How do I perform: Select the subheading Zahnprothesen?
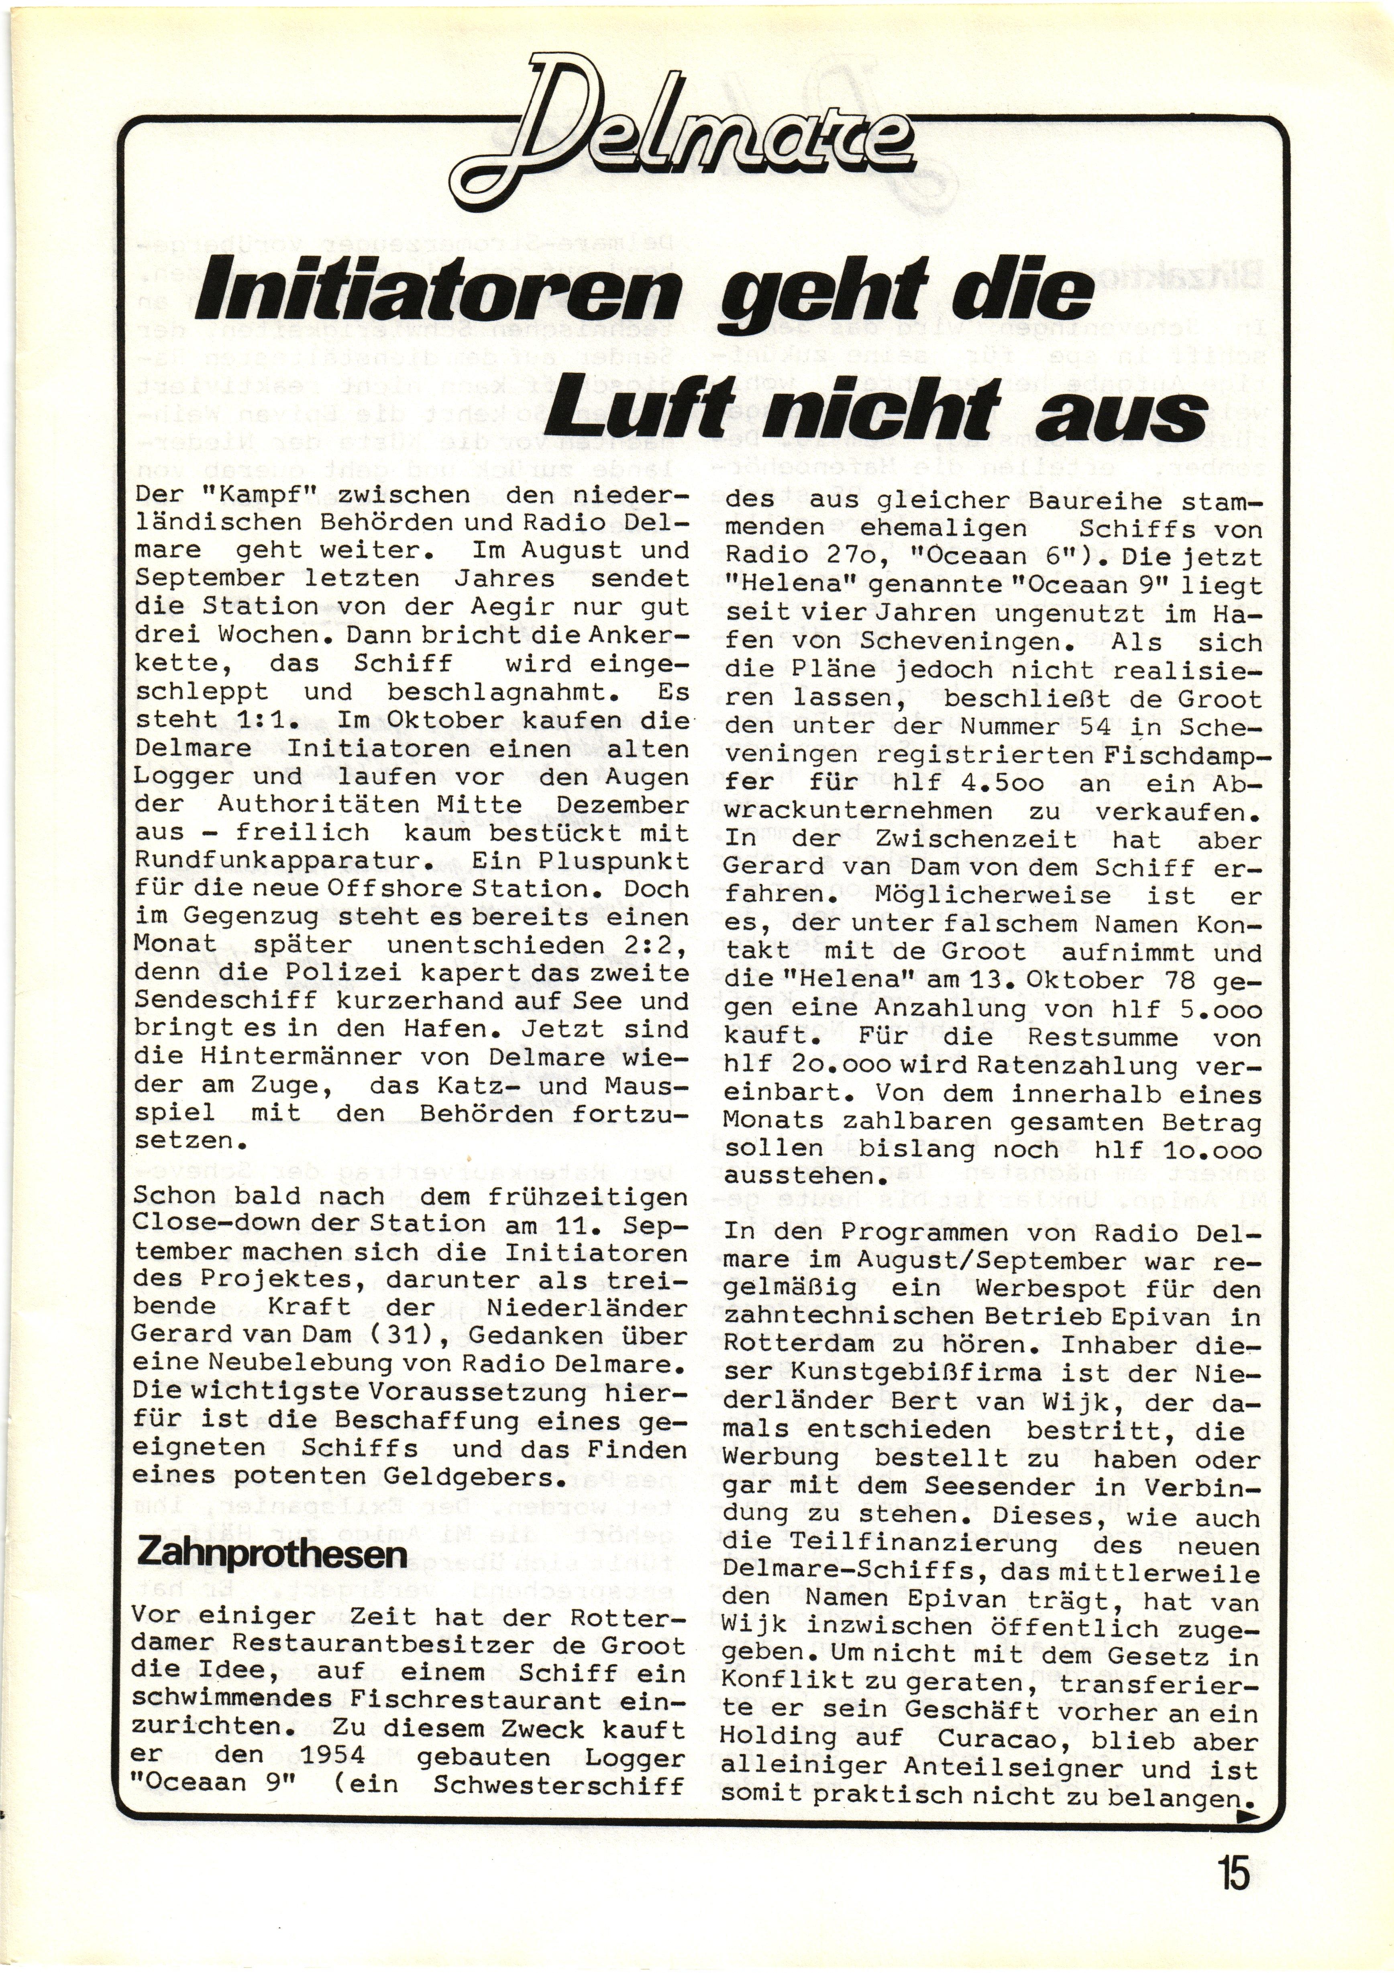click(x=271, y=1554)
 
